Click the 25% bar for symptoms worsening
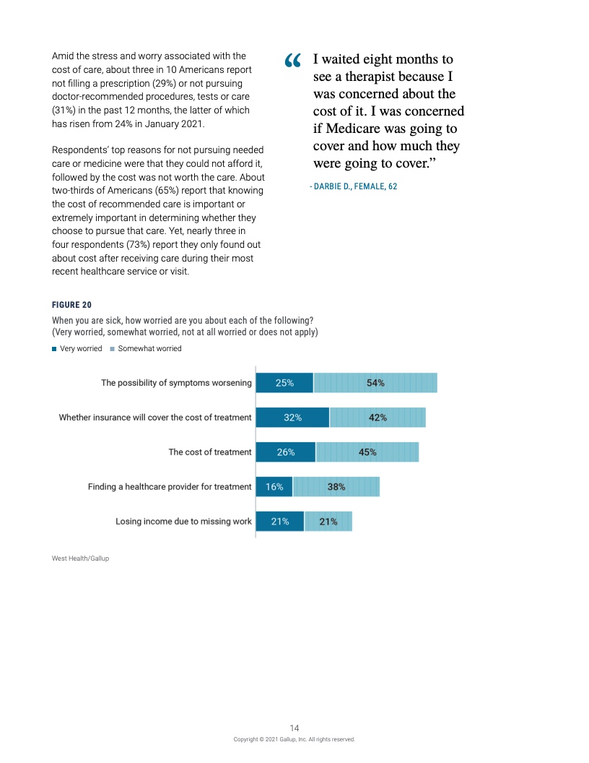click(x=284, y=383)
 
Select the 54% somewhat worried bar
click(x=375, y=383)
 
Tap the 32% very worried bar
click(x=292, y=418)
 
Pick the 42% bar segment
click(x=378, y=418)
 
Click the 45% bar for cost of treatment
click(x=367, y=452)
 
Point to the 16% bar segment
click(x=274, y=487)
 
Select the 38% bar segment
click(x=336, y=487)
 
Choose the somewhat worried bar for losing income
click(x=328, y=522)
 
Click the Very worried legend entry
click(x=77, y=348)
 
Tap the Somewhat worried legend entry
click(x=146, y=348)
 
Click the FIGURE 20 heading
click(x=71, y=305)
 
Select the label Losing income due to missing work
click(x=183, y=522)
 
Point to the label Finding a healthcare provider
click(x=170, y=487)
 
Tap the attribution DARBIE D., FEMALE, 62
click(x=354, y=186)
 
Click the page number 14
click(x=294, y=728)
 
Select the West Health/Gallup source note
click(x=80, y=559)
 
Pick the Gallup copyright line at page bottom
click(x=294, y=739)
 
